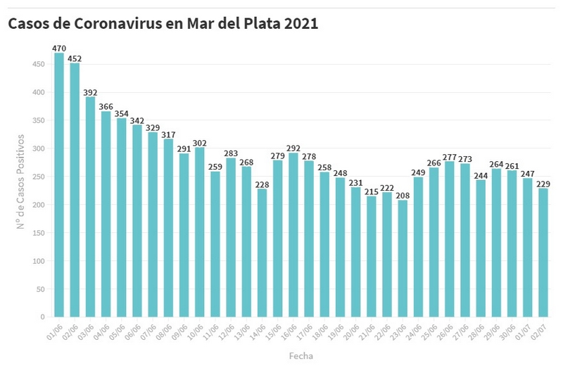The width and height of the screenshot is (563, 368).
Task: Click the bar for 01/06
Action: click(59, 185)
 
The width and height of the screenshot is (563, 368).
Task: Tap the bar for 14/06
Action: click(262, 253)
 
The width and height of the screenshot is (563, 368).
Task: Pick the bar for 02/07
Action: click(543, 253)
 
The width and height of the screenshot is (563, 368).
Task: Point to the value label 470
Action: click(59, 48)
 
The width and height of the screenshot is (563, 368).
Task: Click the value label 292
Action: click(293, 148)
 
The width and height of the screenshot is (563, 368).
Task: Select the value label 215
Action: click(372, 191)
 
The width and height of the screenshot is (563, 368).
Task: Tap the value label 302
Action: click(200, 142)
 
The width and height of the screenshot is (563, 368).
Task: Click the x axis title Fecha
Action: click(301, 356)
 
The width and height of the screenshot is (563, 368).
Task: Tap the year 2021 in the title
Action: click(301, 24)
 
